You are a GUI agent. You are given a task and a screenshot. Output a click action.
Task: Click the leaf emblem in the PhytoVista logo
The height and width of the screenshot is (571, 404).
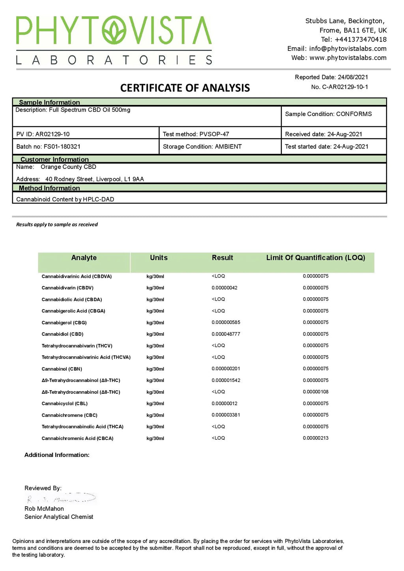coord(114,30)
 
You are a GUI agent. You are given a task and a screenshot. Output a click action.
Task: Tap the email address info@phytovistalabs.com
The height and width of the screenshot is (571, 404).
coord(348,49)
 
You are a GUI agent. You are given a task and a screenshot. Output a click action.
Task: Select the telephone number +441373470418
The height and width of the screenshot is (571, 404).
coord(361,39)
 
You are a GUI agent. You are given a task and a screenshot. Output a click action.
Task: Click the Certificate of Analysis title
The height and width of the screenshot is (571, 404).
coord(185,88)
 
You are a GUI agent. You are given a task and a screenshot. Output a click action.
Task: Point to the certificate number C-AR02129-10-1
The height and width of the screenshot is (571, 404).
coord(345,87)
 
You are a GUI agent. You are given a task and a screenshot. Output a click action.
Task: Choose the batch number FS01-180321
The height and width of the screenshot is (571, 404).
coord(62,146)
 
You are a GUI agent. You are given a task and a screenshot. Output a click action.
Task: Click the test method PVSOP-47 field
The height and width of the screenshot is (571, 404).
coord(214,134)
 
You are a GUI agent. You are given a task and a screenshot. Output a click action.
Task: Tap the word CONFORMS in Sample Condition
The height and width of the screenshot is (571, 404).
coord(354,114)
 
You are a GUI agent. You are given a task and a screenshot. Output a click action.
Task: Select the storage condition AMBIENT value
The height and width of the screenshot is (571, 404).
coord(228,146)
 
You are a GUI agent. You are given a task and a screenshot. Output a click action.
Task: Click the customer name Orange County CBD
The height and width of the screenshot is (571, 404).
coord(68,167)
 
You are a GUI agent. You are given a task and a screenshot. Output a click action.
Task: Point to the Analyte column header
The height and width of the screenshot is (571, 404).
coord(84,258)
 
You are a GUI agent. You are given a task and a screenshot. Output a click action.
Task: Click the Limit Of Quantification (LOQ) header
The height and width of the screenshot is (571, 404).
coord(316,258)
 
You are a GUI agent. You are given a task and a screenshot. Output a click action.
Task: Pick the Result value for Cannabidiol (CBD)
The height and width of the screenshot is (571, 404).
coord(226,334)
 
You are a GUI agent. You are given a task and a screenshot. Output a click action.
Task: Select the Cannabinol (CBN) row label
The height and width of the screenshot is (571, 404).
coord(62,369)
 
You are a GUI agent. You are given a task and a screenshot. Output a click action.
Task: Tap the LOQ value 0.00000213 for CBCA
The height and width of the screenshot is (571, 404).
coord(316,438)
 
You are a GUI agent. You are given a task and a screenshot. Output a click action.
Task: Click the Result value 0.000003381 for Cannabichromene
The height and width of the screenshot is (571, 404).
coord(226,415)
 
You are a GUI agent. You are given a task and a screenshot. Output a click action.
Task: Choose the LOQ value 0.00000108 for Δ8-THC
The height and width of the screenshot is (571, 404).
coord(316,392)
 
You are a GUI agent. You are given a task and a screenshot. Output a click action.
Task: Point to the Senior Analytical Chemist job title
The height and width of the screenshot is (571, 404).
coord(59,517)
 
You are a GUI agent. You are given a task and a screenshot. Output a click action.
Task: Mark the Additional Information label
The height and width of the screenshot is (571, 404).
coord(57,455)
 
